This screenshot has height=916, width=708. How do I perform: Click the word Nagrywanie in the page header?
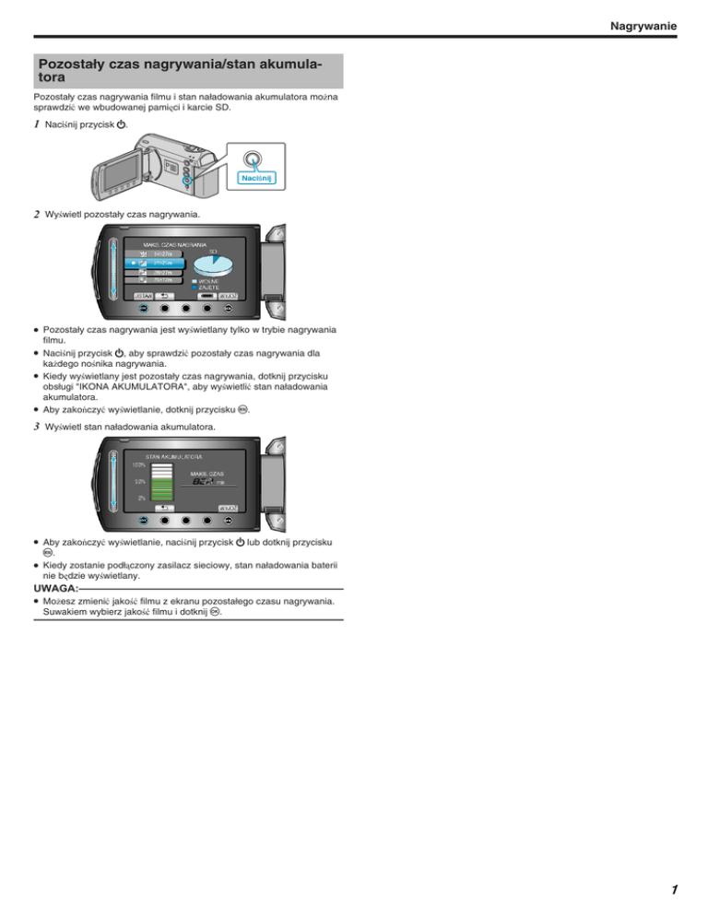click(643, 28)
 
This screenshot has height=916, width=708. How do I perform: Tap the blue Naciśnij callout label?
click(260, 177)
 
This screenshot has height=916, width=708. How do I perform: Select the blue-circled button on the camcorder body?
click(187, 182)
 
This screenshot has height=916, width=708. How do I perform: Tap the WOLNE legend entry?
click(206, 280)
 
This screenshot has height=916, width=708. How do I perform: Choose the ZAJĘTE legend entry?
click(206, 288)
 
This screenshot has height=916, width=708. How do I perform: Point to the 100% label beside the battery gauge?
click(137, 464)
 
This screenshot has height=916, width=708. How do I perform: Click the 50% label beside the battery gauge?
click(139, 481)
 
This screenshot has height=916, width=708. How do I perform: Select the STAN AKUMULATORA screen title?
click(174, 456)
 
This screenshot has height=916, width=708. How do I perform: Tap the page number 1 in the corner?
click(673, 889)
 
